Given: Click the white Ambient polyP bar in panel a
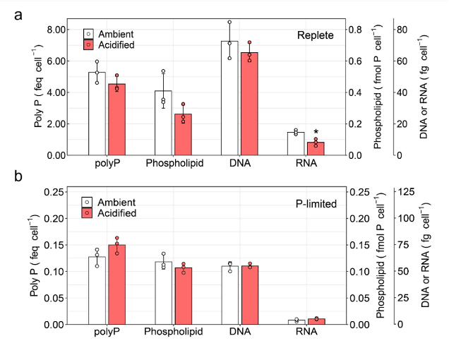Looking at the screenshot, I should click(97, 114).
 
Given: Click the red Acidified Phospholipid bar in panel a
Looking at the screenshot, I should click(183, 135).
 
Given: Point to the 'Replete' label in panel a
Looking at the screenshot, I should click(315, 35).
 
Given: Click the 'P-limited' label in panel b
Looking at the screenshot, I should click(316, 204).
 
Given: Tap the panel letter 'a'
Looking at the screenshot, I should click(19, 15).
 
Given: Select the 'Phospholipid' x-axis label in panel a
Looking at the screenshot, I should click(174, 164).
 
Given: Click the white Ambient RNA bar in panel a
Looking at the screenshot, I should click(295, 143).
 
